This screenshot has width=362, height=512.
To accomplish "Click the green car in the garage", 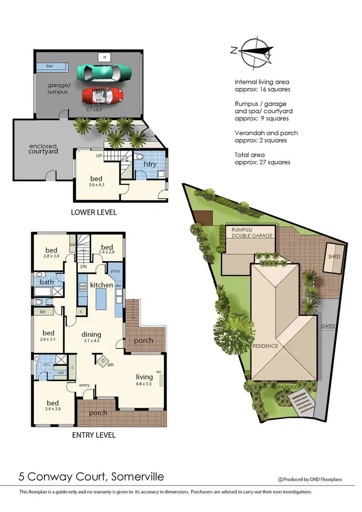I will click(x=104, y=72).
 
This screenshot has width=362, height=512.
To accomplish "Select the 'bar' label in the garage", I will click(x=50, y=66).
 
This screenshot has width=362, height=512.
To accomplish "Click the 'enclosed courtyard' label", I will click(x=43, y=149).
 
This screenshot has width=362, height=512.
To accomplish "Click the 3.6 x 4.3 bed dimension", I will click(x=96, y=185).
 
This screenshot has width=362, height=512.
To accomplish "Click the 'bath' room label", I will click(x=47, y=282).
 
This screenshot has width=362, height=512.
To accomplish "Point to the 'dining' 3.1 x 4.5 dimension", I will click(x=91, y=341).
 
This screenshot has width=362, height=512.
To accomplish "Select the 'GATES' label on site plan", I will click(x=328, y=326).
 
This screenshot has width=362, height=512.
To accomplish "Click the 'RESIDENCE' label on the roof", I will click(x=264, y=346).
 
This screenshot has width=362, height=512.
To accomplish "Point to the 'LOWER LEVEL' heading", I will click(x=94, y=212).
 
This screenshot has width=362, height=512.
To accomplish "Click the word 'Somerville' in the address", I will click(x=138, y=477).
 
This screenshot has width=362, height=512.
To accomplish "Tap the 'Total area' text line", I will click(x=250, y=154).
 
